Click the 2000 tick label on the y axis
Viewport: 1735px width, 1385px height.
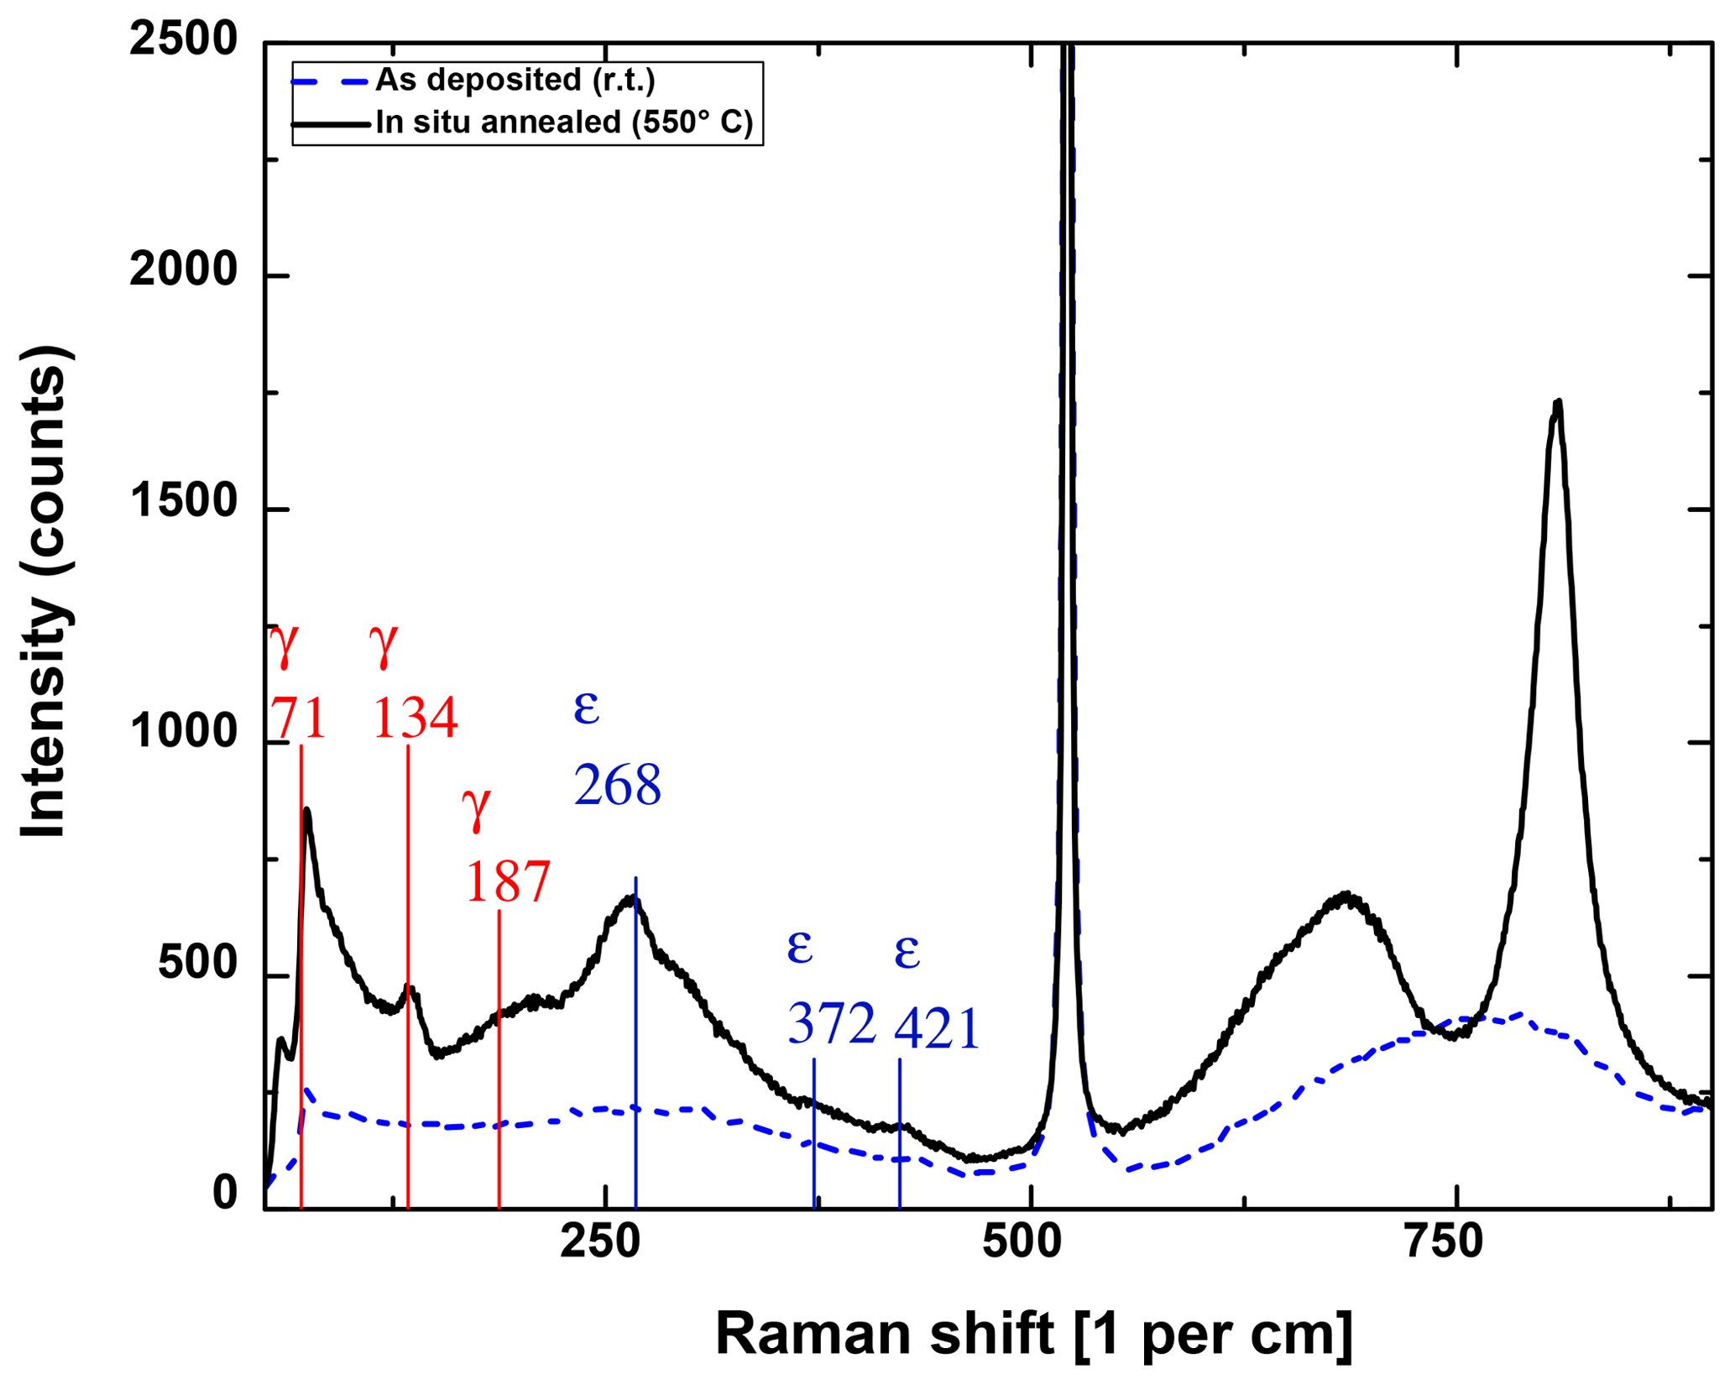click(x=184, y=271)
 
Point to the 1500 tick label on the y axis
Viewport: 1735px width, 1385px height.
click(x=184, y=503)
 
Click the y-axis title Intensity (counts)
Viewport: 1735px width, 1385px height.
click(x=44, y=592)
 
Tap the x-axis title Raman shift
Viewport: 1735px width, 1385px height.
click(x=1033, y=1334)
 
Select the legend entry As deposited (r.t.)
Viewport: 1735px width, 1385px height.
click(x=515, y=81)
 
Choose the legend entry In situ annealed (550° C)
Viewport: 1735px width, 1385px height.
click(x=564, y=123)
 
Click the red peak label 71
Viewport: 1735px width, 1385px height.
click(x=298, y=719)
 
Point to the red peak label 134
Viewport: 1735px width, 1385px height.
click(x=415, y=719)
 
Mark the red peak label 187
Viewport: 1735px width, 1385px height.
click(x=508, y=882)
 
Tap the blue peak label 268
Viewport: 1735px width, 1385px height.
click(x=618, y=786)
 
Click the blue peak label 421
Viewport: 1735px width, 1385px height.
click(x=937, y=1029)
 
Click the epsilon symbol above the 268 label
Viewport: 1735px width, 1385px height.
click(x=586, y=708)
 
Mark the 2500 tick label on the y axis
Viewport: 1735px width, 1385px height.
click(x=184, y=40)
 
